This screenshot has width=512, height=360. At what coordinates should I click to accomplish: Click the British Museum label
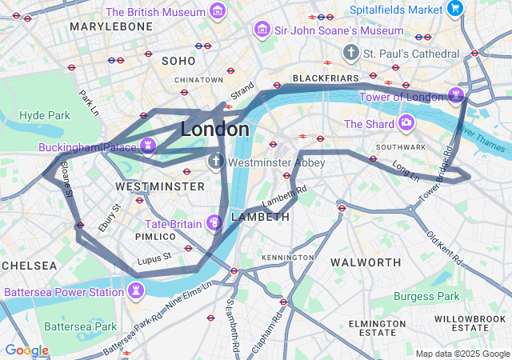pyautogui.click(x=154, y=12)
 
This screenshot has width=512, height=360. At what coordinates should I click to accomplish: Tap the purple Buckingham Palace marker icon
pyautogui.click(x=147, y=145)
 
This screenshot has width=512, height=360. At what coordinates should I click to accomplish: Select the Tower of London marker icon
pyautogui.click(x=457, y=94)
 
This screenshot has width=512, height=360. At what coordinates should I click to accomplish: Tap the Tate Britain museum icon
pyautogui.click(x=214, y=222)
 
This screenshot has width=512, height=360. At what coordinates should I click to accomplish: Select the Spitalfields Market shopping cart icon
pyautogui.click(x=455, y=10)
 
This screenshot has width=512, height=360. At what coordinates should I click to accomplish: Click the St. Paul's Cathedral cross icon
pyautogui.click(x=350, y=53)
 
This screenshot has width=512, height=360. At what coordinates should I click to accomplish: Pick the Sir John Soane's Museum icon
pyautogui.click(x=261, y=30)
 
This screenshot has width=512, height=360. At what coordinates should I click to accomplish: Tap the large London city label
pyautogui.click(x=214, y=129)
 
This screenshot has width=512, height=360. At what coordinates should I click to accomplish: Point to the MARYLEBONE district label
pyautogui.click(x=111, y=26)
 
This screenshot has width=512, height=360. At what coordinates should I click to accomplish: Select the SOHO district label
pyautogui.click(x=178, y=60)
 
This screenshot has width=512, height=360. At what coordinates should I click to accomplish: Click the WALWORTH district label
pyautogui.click(x=366, y=262)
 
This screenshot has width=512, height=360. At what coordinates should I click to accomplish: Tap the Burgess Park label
pyautogui.click(x=426, y=296)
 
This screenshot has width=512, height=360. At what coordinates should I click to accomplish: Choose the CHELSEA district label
pyautogui.click(x=29, y=265)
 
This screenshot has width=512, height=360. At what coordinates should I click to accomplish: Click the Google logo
pyautogui.click(x=26, y=350)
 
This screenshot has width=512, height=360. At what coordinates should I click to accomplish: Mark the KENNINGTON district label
pyautogui.click(x=287, y=257)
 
